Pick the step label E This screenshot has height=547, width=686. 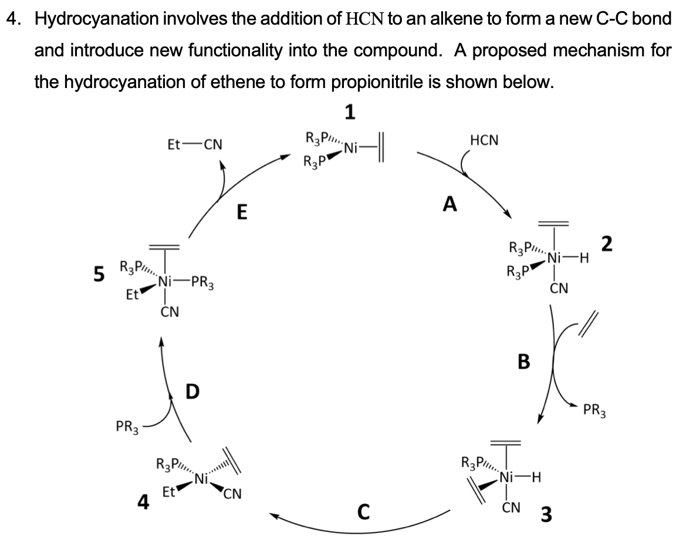click(241, 211)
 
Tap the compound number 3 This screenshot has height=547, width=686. click(546, 515)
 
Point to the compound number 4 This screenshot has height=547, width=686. click(142, 502)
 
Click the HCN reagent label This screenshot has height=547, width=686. click(485, 140)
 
